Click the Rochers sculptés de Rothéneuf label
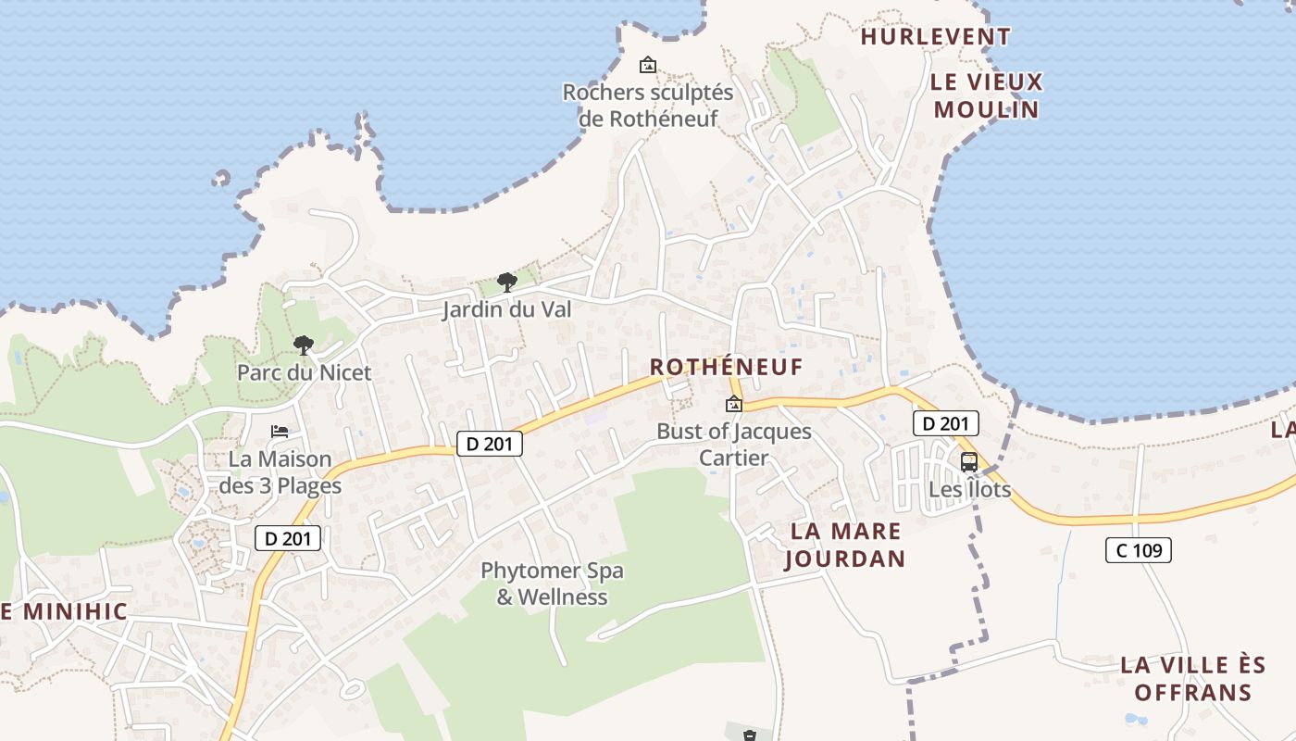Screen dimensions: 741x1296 click(x=648, y=106)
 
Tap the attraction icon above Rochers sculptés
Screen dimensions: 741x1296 click(x=648, y=65)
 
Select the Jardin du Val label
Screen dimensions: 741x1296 click(x=506, y=309)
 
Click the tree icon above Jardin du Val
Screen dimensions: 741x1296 click(x=506, y=282)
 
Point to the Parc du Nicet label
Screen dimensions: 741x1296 click(x=304, y=372)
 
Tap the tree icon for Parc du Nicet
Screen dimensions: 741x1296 click(x=303, y=345)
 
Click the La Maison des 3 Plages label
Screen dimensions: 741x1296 click(x=280, y=472)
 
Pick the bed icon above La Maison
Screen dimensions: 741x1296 click(x=280, y=432)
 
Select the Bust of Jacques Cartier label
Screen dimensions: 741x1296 click(x=733, y=445)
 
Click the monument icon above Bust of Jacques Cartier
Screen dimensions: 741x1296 click(x=734, y=404)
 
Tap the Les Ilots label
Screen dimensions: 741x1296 click(x=969, y=489)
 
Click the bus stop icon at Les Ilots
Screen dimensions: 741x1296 click(x=969, y=461)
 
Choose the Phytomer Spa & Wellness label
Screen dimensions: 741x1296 click(x=552, y=584)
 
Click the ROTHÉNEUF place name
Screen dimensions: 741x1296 click(x=726, y=368)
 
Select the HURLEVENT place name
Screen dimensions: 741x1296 click(x=935, y=37)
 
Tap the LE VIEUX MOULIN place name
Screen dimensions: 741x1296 click(x=987, y=95)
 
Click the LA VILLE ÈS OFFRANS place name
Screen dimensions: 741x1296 click(x=1192, y=678)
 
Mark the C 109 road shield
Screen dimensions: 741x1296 click(x=1138, y=550)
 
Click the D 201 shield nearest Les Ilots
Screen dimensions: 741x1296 click(x=945, y=424)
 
